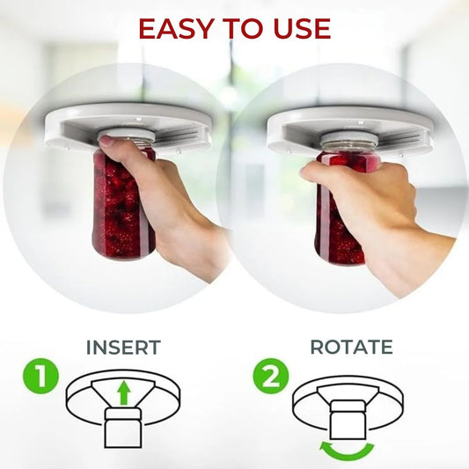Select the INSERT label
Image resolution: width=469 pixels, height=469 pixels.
tap(123, 348)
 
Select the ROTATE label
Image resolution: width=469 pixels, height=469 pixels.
tap(352, 347)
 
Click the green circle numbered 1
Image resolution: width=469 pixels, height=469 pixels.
tap(40, 377)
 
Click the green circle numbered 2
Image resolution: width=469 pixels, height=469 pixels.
tap(271, 377)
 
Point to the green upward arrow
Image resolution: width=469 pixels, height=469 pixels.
tap(123, 394)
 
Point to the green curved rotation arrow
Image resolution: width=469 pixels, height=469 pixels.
tap(347, 453)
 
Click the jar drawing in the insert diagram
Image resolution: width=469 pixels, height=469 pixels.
tap(122, 429)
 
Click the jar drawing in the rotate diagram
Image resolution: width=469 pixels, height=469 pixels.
tap(348, 420)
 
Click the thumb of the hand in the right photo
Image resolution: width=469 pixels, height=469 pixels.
tap(314, 172)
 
